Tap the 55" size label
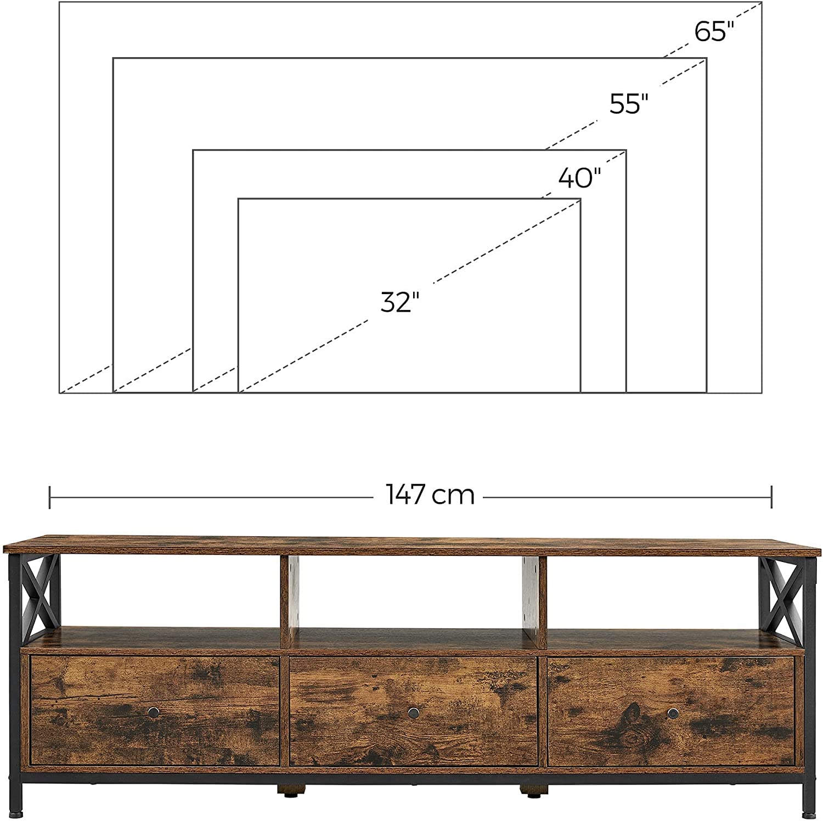(629, 103)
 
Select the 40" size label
(580, 178)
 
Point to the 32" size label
(400, 302)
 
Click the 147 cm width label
(430, 495)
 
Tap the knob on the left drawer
(154, 712)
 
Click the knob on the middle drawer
(413, 712)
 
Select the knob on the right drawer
(672, 712)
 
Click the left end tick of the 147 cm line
(50, 497)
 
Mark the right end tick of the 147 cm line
(771, 497)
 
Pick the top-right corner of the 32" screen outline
(580, 199)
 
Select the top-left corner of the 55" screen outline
(114, 58)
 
